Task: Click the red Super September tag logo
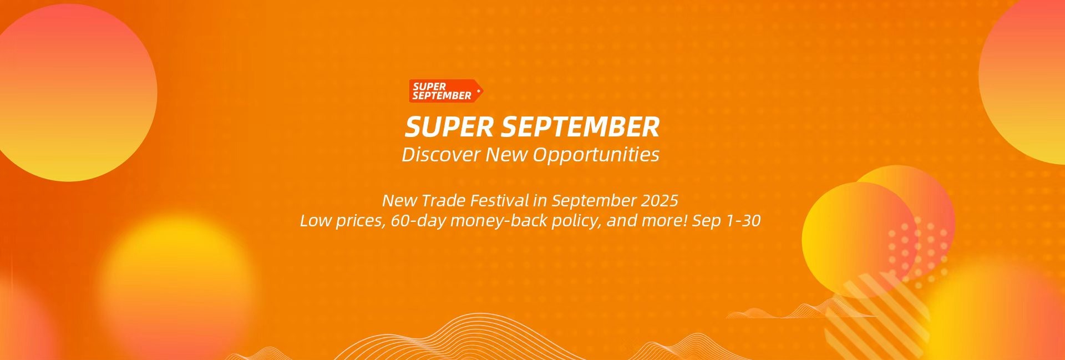pos(446,91)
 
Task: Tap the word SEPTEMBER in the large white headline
pos(580,127)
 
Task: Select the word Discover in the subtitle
pos(441,154)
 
